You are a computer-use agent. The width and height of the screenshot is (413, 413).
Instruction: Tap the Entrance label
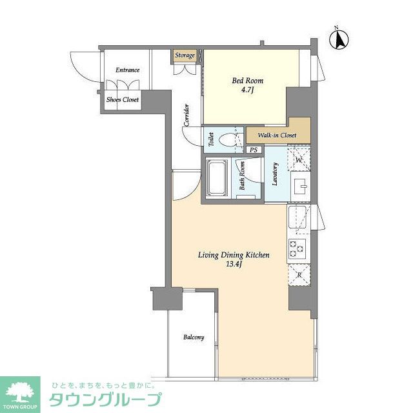(x=127, y=70)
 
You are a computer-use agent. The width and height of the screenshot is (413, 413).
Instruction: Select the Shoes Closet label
(x=123, y=100)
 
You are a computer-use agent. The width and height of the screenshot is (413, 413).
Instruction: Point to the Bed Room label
(x=248, y=81)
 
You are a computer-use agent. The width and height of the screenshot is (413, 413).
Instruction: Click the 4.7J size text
(x=248, y=91)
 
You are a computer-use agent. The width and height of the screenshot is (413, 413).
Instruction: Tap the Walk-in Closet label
(x=277, y=136)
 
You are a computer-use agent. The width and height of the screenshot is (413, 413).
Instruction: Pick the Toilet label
(x=211, y=138)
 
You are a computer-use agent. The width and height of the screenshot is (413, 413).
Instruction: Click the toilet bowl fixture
(x=228, y=139)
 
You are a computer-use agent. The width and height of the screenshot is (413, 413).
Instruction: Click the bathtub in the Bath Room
(x=216, y=179)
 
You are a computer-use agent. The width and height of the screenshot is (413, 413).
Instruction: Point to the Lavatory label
(x=275, y=174)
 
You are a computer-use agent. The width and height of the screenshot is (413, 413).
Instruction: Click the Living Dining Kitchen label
(x=233, y=256)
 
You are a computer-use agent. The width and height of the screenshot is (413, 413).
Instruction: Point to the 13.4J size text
(x=233, y=265)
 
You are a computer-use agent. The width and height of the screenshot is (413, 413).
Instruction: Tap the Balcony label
(x=194, y=337)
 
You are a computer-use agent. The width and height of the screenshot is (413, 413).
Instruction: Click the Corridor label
(x=186, y=115)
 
